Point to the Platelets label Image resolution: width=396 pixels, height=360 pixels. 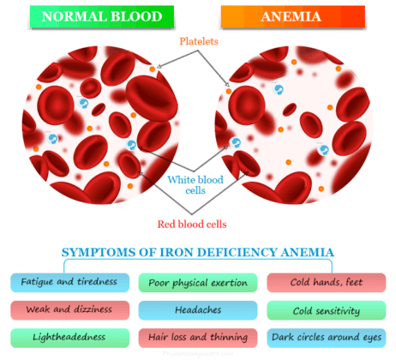(199, 40)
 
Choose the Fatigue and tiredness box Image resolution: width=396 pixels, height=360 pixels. (69, 280)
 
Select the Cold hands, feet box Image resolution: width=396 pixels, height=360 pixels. (327, 280)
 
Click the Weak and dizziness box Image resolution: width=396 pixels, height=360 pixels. (69, 309)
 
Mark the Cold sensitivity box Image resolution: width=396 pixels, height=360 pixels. (327, 309)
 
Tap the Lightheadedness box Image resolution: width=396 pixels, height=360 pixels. (69, 337)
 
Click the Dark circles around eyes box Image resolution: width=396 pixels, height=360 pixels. (327, 337)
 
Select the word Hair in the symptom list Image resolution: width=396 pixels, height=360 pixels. (159, 337)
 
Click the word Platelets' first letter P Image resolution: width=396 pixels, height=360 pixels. (182, 40)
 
